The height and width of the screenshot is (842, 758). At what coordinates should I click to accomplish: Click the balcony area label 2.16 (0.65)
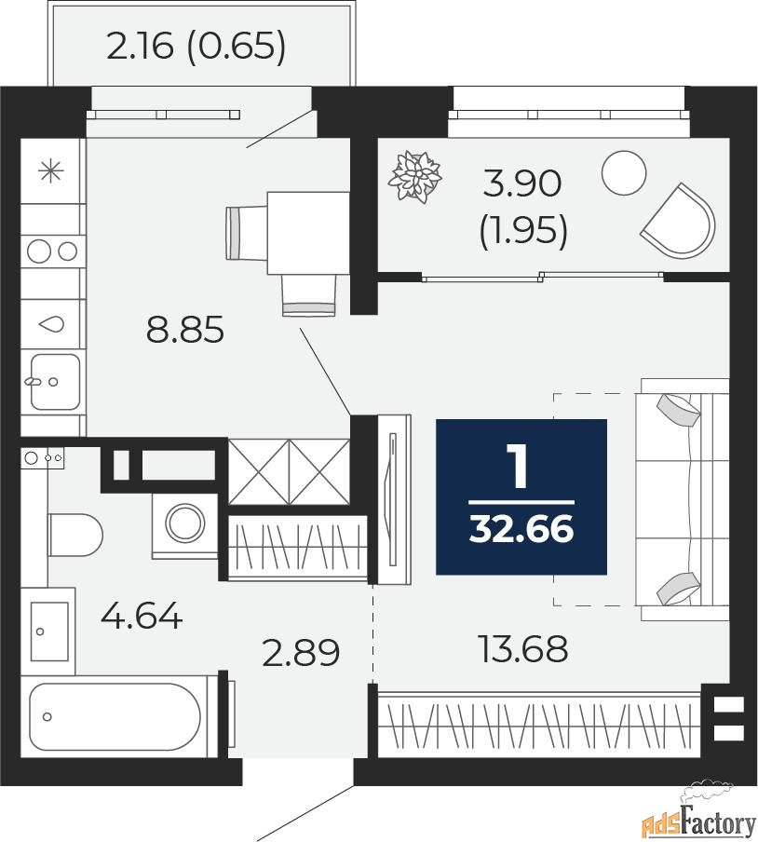point(196,48)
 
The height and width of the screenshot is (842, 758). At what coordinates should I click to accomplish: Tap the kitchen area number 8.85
point(184,330)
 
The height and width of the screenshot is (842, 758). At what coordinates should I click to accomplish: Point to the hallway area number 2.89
point(301,652)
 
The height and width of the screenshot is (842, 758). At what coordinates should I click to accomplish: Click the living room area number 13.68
point(522,648)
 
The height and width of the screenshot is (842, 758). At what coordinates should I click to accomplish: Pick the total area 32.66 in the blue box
point(521,529)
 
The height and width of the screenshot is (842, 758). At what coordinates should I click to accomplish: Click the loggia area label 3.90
point(522,183)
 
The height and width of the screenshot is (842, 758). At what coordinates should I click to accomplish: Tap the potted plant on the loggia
point(415,177)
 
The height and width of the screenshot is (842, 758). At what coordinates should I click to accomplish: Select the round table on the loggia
point(623,172)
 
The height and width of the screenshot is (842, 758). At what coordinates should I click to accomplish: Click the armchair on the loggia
point(679,220)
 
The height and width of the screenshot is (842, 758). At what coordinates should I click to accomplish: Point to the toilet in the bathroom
point(74,536)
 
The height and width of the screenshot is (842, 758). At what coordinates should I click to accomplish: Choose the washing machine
point(184,524)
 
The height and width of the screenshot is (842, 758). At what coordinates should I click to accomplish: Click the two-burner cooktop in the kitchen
point(52,251)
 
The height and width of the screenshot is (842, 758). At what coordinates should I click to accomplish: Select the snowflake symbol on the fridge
point(51,171)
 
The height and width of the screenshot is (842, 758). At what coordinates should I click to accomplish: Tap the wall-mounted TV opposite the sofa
point(395,499)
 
